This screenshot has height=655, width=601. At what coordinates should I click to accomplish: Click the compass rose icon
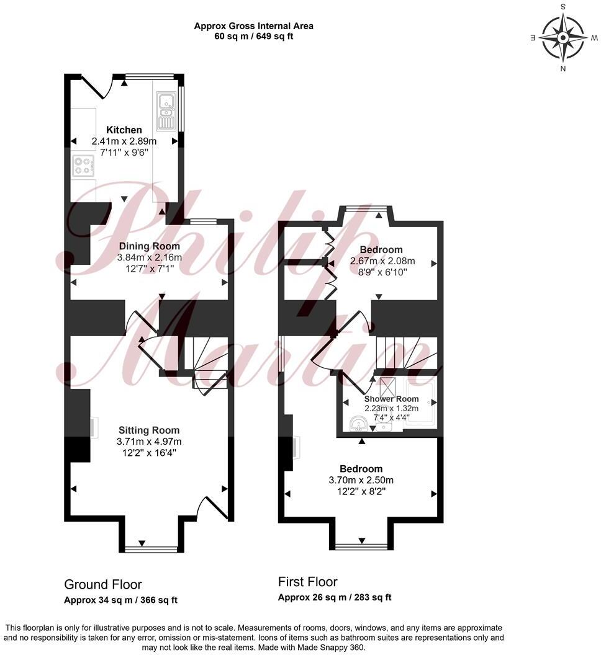pos(563,37)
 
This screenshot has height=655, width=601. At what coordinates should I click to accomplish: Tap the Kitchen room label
pos(124,130)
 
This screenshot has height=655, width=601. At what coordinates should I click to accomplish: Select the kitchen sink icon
pos(166,111)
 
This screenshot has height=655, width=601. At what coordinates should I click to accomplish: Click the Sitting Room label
pos(149,430)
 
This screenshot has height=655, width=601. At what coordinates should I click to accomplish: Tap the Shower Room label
pos(391,399)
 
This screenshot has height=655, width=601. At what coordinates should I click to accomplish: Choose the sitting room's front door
pos(211,507)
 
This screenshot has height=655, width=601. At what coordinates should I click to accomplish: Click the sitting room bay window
pos(150,548)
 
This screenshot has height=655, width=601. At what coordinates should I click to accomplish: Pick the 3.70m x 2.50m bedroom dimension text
pos(361,480)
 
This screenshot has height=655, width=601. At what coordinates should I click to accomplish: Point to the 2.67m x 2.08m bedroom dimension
pos(382,261)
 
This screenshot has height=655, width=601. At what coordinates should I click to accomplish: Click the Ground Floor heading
pos(103,585)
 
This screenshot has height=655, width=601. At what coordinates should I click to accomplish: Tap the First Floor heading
pos(307,582)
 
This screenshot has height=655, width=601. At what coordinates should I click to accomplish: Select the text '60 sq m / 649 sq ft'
pos(253,36)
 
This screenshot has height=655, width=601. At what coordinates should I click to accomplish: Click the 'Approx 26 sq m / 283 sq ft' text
pos(334,597)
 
